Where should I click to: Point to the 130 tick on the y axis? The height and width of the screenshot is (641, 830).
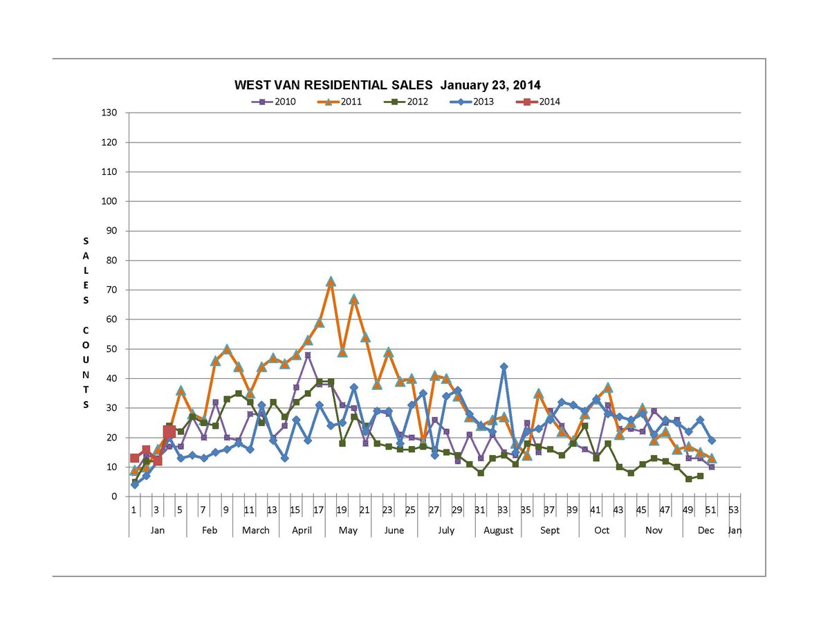pos(109,113)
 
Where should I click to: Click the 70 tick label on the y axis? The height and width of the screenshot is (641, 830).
pos(111,290)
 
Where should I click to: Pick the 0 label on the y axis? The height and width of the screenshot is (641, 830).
pos(114,496)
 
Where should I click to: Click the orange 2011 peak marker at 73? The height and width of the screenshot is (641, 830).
pos(331,281)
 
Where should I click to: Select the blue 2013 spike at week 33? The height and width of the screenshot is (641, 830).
pos(504,366)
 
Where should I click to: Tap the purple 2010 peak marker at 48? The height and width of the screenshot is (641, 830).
pos(307,355)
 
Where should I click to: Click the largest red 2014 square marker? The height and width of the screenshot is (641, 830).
pos(169,432)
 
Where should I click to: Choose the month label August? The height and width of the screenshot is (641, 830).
pos(498,530)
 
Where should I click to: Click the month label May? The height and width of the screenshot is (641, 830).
pos(348,530)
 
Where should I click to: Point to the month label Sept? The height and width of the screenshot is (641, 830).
pos(550,530)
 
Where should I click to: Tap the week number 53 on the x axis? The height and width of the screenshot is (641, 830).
pos(734,510)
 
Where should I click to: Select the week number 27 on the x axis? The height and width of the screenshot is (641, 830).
pos(434,510)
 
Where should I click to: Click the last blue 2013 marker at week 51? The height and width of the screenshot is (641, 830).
pos(711,440)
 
